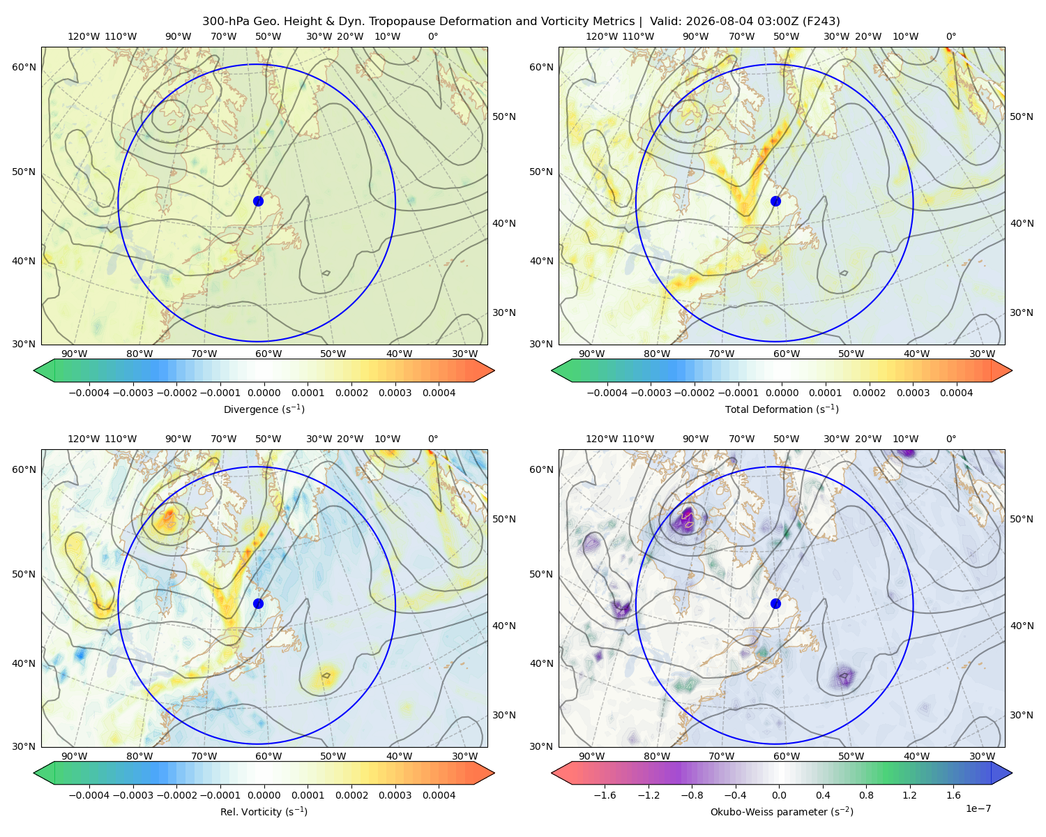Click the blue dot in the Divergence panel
click(x=258, y=201)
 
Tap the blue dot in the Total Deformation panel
click(x=775, y=201)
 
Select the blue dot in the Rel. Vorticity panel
click(x=258, y=603)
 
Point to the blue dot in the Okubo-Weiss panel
click(x=775, y=603)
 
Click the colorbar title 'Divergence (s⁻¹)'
click(x=264, y=409)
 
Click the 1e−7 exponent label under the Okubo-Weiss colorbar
click(x=978, y=808)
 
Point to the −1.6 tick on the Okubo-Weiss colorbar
click(x=605, y=795)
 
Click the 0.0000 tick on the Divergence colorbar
click(x=264, y=393)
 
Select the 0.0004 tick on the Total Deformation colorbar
click(x=957, y=393)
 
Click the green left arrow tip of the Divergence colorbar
click(x=34, y=370)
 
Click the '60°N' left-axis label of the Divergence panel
click(x=24, y=67)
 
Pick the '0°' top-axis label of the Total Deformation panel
click(x=950, y=36)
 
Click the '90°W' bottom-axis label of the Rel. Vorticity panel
click(x=75, y=756)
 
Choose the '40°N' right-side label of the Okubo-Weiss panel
click(x=1022, y=626)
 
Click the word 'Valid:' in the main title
click(x=665, y=22)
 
